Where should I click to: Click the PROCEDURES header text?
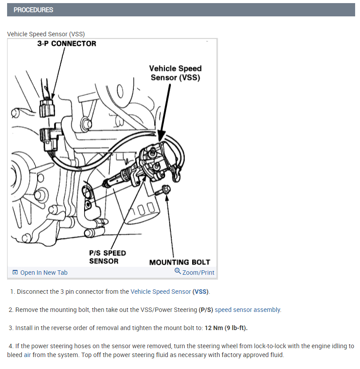click(33, 10)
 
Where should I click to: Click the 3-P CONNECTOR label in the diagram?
click(66, 44)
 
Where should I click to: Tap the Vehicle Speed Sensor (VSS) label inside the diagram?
click(175, 73)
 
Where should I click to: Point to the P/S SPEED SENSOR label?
click(107, 257)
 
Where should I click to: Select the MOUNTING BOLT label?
click(179, 262)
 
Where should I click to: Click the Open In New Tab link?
click(44, 273)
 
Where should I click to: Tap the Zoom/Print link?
click(198, 273)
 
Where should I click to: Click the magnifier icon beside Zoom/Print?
click(178, 272)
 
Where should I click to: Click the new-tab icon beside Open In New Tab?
click(15, 273)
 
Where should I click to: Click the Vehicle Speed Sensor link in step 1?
click(161, 292)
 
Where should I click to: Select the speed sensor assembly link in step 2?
click(248, 310)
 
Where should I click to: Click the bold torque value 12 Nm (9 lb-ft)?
click(226, 328)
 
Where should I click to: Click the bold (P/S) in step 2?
click(206, 310)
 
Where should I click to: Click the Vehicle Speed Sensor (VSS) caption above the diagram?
click(46, 34)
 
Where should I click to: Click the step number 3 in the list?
click(11, 328)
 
